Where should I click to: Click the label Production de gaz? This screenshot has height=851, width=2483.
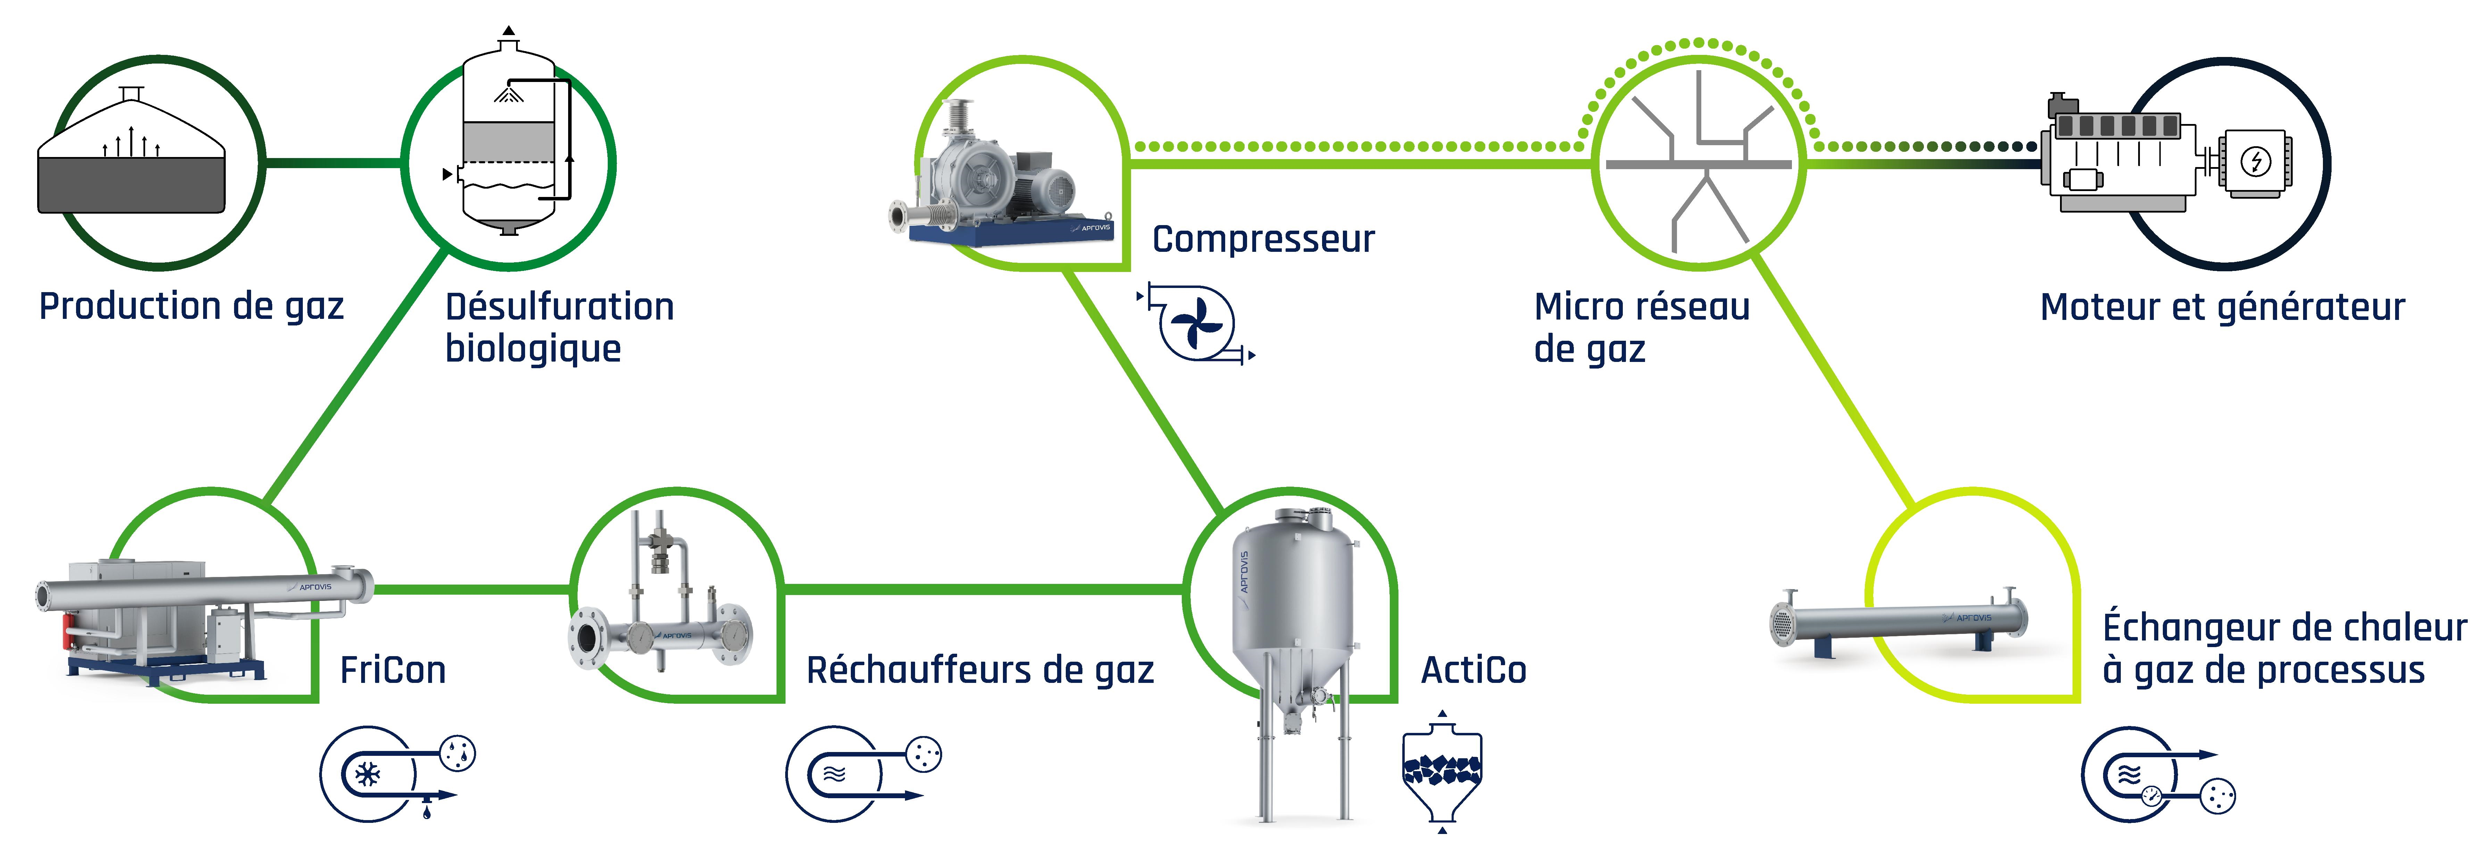(191, 306)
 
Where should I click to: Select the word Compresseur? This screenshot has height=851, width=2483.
(1263, 239)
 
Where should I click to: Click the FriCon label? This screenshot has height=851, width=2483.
(392, 670)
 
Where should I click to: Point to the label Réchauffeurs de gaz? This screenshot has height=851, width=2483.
(979, 670)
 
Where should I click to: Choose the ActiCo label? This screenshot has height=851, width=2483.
(1473, 670)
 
